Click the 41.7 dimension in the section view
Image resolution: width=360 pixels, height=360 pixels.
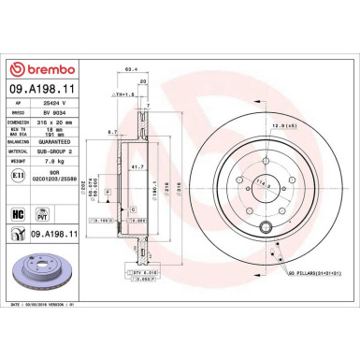137,166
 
